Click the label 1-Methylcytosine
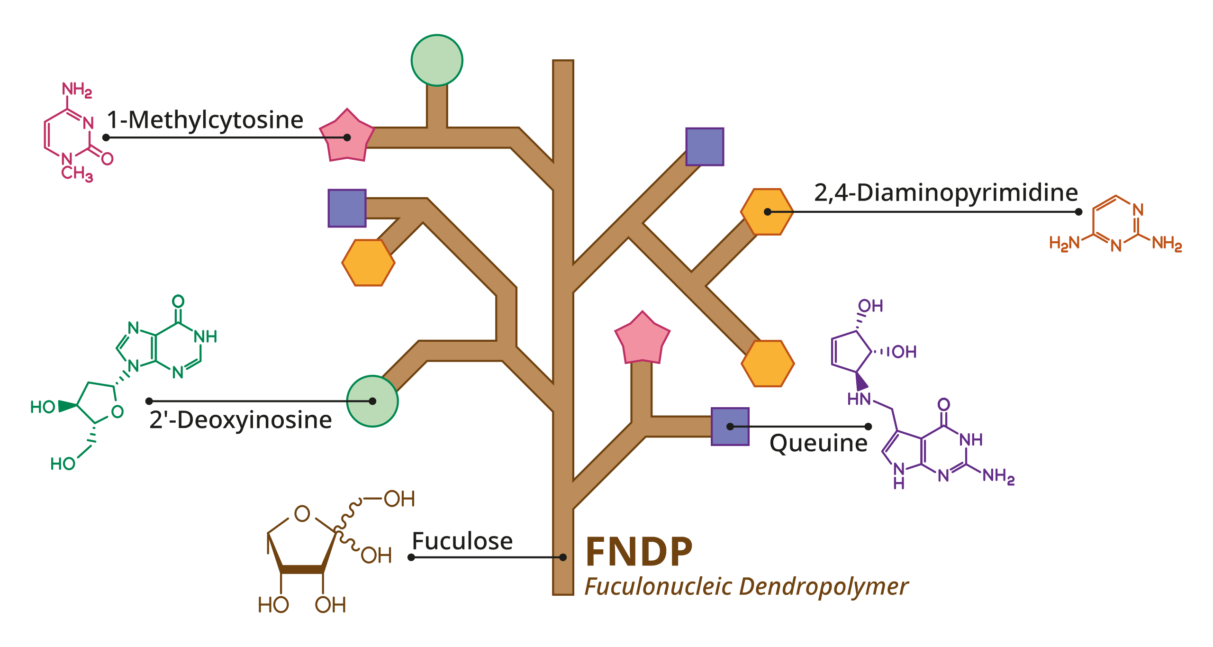click(x=205, y=120)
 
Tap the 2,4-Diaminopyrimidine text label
click(x=946, y=193)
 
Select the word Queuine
click(x=818, y=443)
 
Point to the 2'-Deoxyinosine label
click(x=240, y=420)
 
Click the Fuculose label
click(x=462, y=541)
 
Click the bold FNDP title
click(x=639, y=552)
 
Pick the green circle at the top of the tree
click(x=437, y=60)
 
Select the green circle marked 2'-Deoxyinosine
click(x=372, y=401)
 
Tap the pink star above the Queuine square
click(x=642, y=338)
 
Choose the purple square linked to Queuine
click(x=730, y=427)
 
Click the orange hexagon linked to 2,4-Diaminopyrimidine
click(x=767, y=212)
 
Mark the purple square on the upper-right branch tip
click(x=705, y=146)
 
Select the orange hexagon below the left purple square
click(x=368, y=263)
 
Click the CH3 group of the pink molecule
click(x=77, y=173)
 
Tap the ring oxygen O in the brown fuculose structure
click(x=302, y=513)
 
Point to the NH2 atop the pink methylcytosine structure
click(x=77, y=89)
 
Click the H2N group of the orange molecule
click(x=1064, y=243)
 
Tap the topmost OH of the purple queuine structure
click(x=870, y=306)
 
